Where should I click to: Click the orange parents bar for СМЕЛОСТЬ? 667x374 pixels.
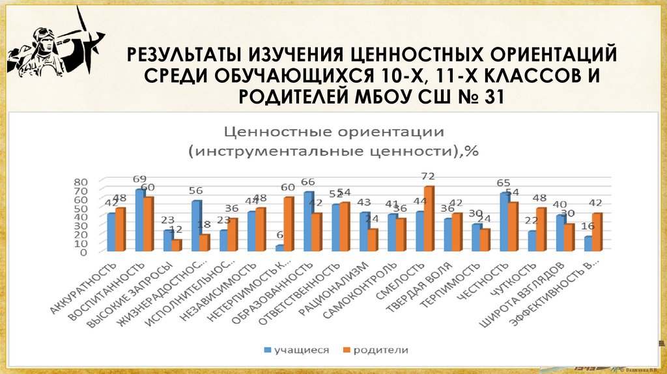(x=428, y=219)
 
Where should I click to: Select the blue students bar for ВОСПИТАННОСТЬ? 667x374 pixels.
(x=139, y=220)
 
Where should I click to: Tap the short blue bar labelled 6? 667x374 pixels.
(x=279, y=248)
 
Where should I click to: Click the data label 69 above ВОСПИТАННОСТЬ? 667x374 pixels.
(x=139, y=179)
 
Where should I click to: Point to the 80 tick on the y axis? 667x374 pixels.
(x=80, y=182)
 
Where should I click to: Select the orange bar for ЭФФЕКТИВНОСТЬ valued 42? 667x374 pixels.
(x=597, y=231)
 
